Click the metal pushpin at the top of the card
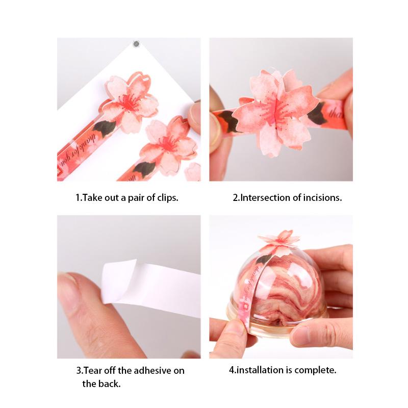[136, 44]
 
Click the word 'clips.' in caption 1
[167, 197]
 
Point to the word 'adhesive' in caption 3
[151, 371]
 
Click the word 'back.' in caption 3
[109, 384]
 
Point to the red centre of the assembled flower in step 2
[276, 110]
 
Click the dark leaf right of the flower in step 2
[318, 113]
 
